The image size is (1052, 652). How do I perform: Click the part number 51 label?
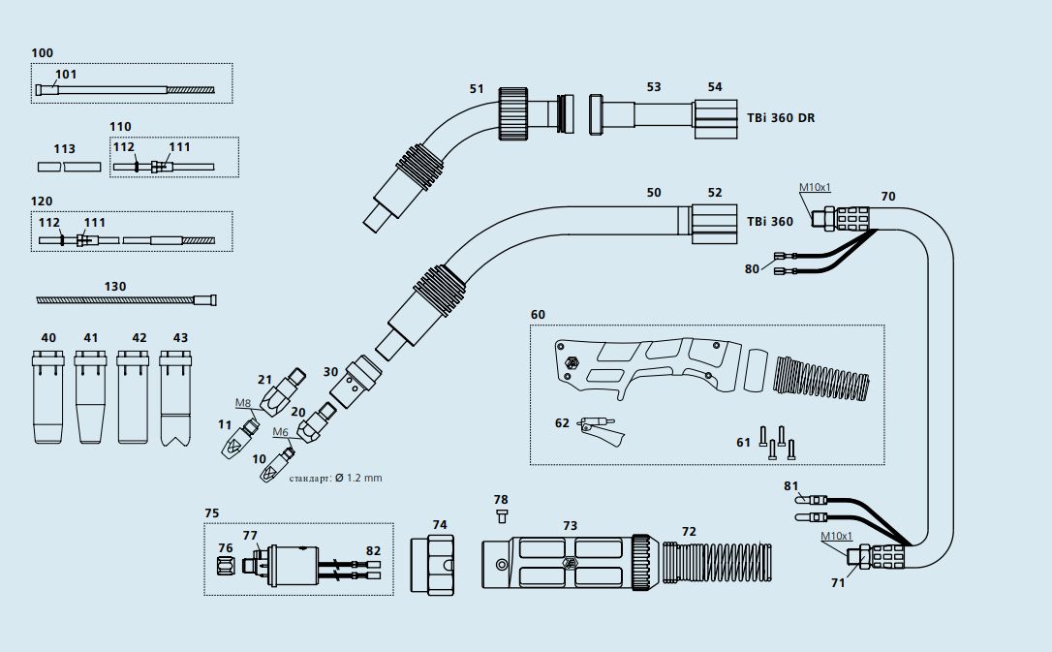click(x=477, y=88)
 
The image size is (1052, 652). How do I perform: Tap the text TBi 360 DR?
click(x=780, y=117)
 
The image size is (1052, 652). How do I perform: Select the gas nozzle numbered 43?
click(x=175, y=397)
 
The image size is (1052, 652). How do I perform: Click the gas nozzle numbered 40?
click(x=47, y=397)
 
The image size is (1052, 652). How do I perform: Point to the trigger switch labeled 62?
click(x=602, y=429)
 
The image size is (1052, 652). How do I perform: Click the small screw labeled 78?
click(x=501, y=514)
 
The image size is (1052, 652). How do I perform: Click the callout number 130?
click(x=115, y=286)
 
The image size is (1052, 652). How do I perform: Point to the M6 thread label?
click(x=281, y=432)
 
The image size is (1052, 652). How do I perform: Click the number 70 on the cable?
click(x=888, y=196)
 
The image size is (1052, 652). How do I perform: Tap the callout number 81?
click(x=791, y=485)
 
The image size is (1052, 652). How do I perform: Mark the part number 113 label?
click(x=65, y=149)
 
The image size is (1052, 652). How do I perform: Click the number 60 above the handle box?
click(x=538, y=315)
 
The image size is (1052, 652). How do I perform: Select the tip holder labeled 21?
click(x=289, y=388)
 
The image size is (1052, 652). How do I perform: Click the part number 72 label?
click(x=689, y=532)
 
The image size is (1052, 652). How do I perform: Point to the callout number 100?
click(x=43, y=52)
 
